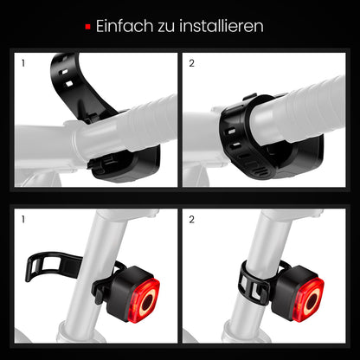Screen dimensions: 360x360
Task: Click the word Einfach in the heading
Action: [x=125, y=26]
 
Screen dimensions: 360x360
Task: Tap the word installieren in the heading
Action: [x=221, y=26]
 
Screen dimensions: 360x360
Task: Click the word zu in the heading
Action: [x=166, y=28]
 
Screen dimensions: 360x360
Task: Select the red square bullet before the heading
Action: [x=88, y=27]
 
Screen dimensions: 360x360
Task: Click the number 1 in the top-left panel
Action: [x=23, y=63]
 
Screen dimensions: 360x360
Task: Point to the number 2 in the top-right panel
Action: [x=191, y=63]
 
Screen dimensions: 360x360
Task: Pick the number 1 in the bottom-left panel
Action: [x=23, y=220]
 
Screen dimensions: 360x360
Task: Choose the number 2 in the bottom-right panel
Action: [x=191, y=220]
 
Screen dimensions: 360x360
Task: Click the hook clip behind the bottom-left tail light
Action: [x=99, y=288]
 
